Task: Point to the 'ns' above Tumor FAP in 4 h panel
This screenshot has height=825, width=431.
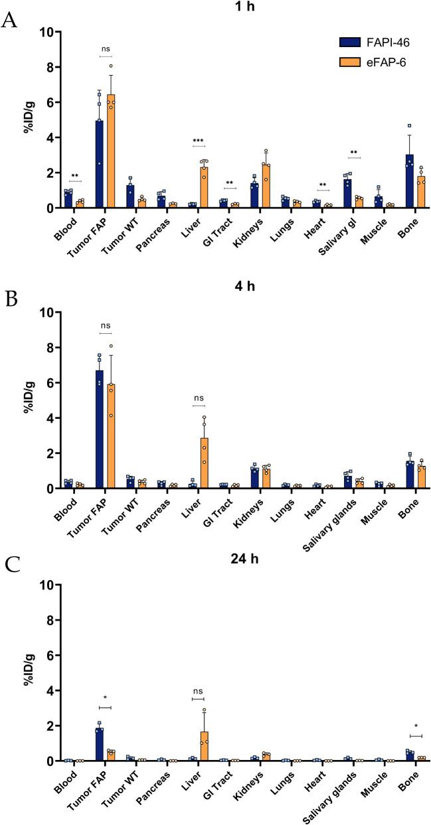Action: [105, 327]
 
